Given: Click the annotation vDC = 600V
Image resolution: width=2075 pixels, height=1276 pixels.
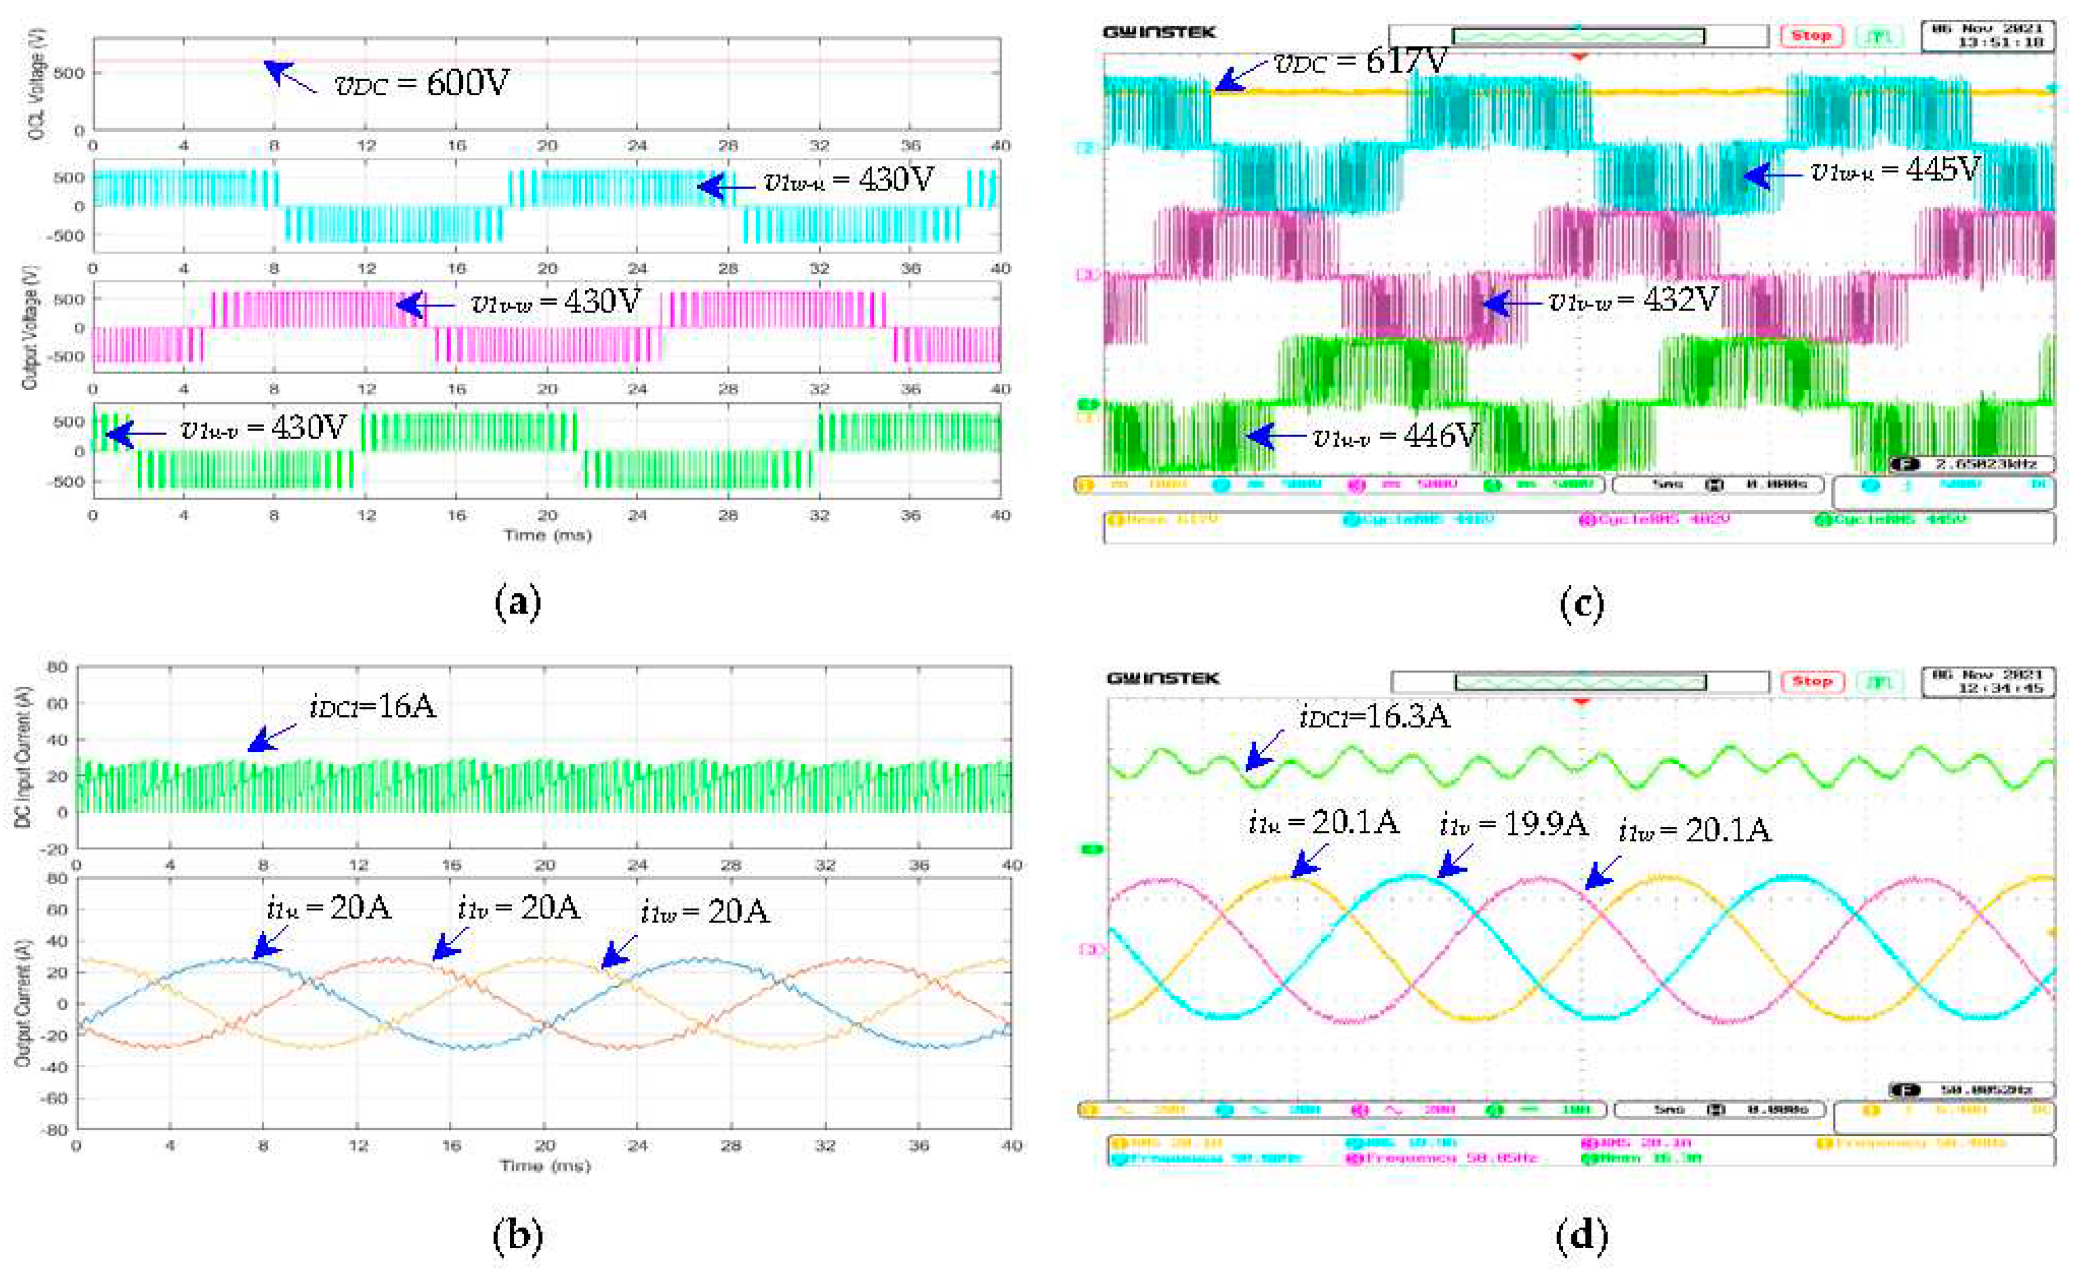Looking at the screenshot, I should (x=422, y=83).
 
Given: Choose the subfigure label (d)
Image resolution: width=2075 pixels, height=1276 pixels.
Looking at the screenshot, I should (x=1580, y=1235).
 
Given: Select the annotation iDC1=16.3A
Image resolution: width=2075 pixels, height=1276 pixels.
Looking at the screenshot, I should (x=1374, y=716).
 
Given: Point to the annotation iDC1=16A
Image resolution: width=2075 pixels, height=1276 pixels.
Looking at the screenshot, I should (x=372, y=706).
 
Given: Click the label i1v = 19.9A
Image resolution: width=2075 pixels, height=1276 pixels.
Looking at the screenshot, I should (x=1513, y=823).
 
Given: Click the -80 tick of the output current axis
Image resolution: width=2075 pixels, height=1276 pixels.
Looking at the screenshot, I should (x=56, y=1129).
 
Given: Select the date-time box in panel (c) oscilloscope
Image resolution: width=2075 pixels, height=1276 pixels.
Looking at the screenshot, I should (x=1987, y=35).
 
